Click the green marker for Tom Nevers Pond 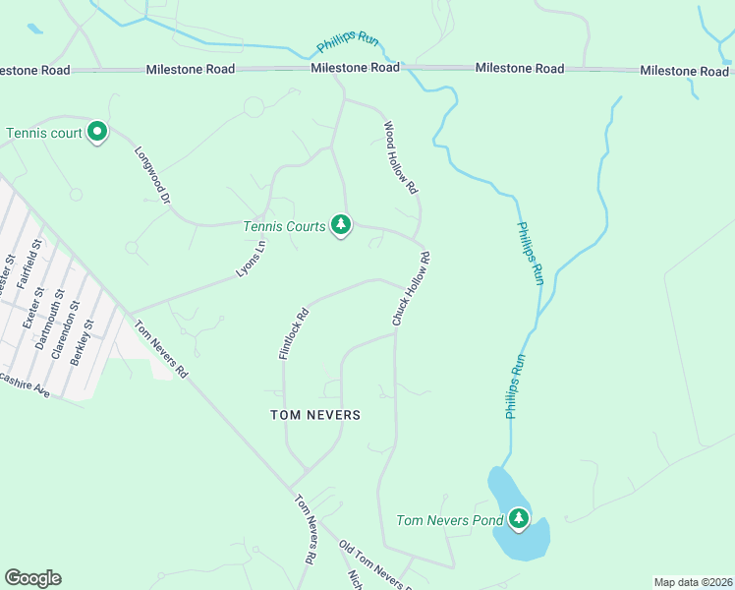coord(518,518)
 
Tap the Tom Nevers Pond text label coord(449,520)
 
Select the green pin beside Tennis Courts coord(340,225)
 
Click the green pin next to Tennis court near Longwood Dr coord(96,132)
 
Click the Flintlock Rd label coord(294,334)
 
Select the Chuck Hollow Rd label coord(411,289)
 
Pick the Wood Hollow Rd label coord(401,157)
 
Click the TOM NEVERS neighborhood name coord(315,415)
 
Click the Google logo coord(32,577)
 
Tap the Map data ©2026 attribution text coord(693,582)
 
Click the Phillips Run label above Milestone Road coord(347,42)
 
